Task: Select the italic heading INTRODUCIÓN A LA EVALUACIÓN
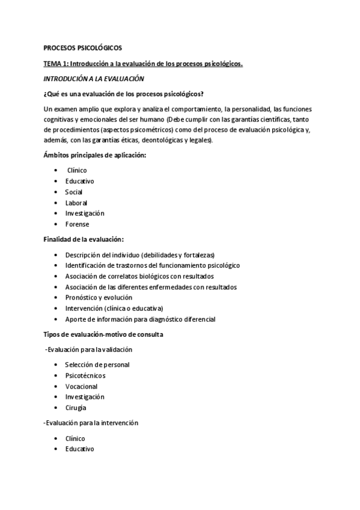click(91, 78)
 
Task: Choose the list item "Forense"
click(77, 224)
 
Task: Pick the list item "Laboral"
click(76, 203)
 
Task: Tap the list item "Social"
click(74, 192)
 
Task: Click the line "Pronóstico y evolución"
click(99, 297)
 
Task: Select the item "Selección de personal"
click(97, 364)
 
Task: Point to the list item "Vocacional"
click(81, 386)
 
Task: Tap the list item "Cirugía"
click(76, 408)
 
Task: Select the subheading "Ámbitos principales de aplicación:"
click(95, 155)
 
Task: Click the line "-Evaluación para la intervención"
click(91, 423)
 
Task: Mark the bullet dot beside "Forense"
click(56, 224)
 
